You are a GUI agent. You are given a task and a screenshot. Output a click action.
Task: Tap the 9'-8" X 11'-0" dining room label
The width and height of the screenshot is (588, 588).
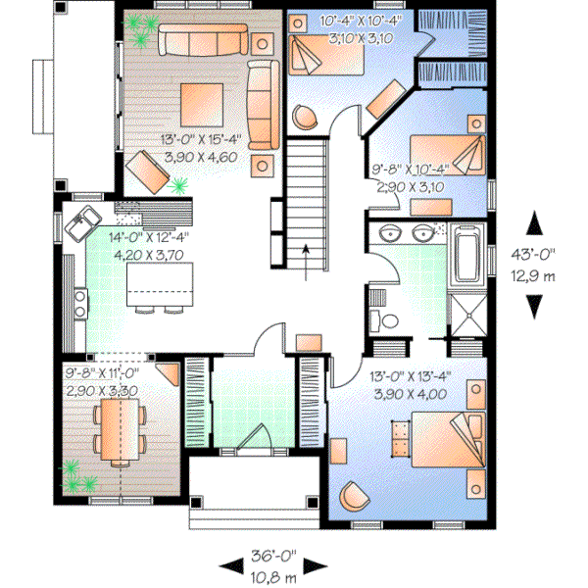click(x=103, y=380)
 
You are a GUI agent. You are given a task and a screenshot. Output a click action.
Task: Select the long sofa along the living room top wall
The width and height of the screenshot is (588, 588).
click(x=201, y=41)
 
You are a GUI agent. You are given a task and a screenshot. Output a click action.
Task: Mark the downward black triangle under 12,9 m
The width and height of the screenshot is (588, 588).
click(x=533, y=308)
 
